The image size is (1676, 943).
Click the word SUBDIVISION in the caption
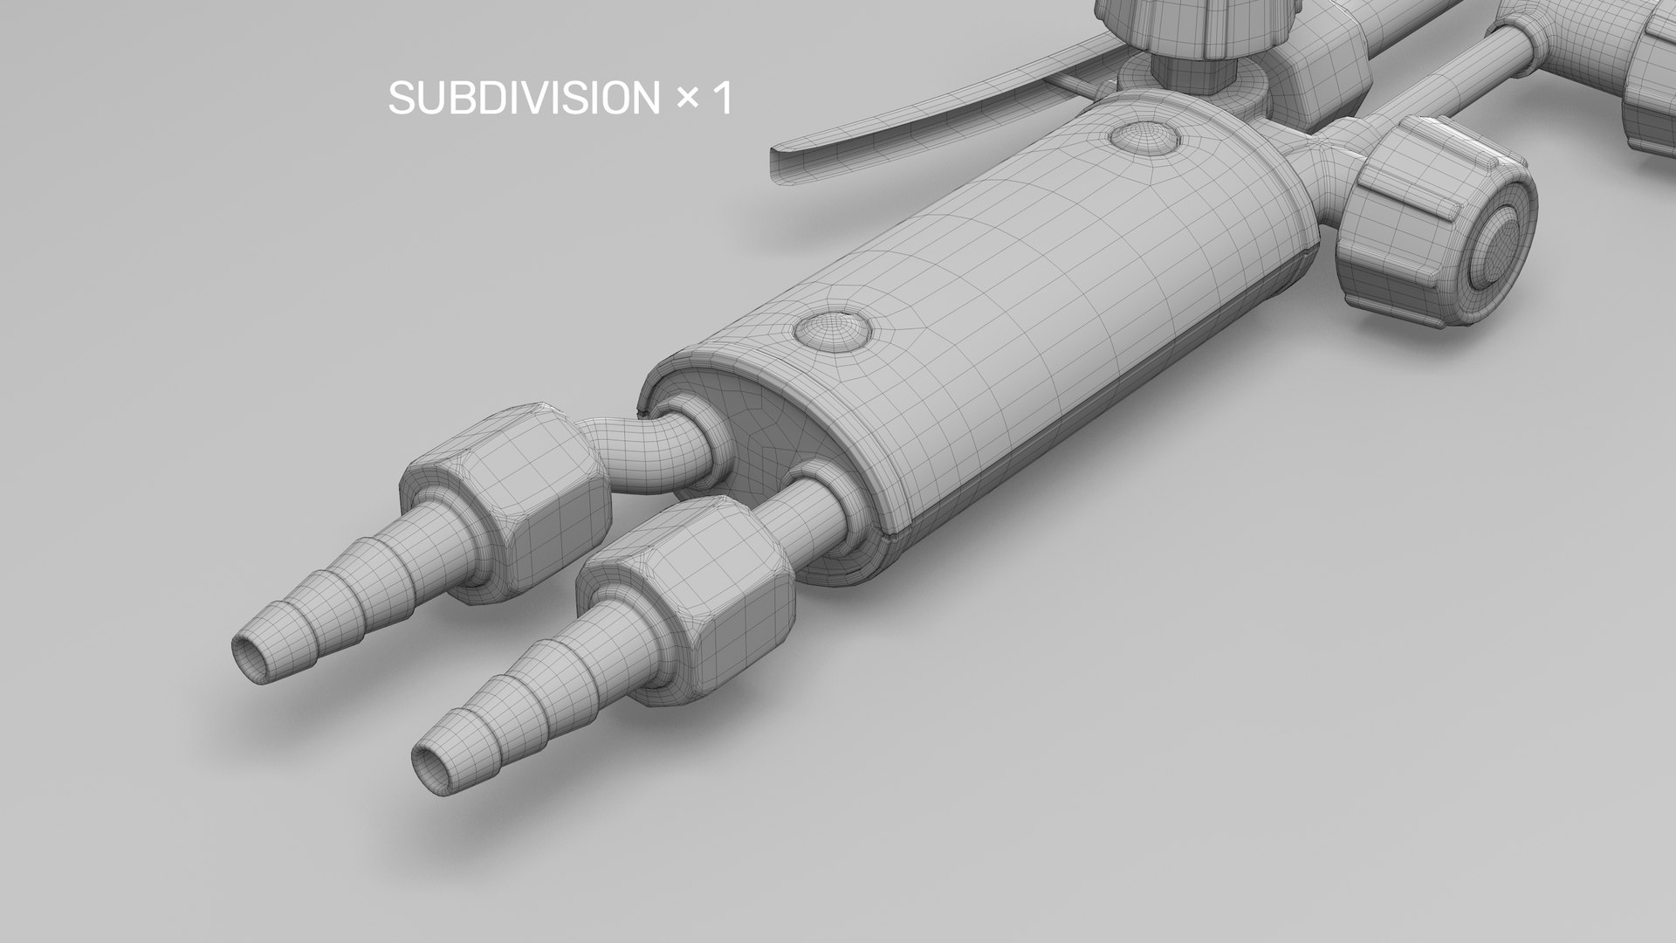[525, 98]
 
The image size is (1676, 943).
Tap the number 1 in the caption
[722, 98]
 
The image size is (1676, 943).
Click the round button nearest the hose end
[833, 330]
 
